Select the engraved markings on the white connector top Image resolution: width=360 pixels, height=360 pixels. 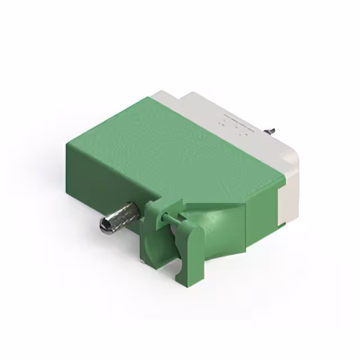click(235, 124)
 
